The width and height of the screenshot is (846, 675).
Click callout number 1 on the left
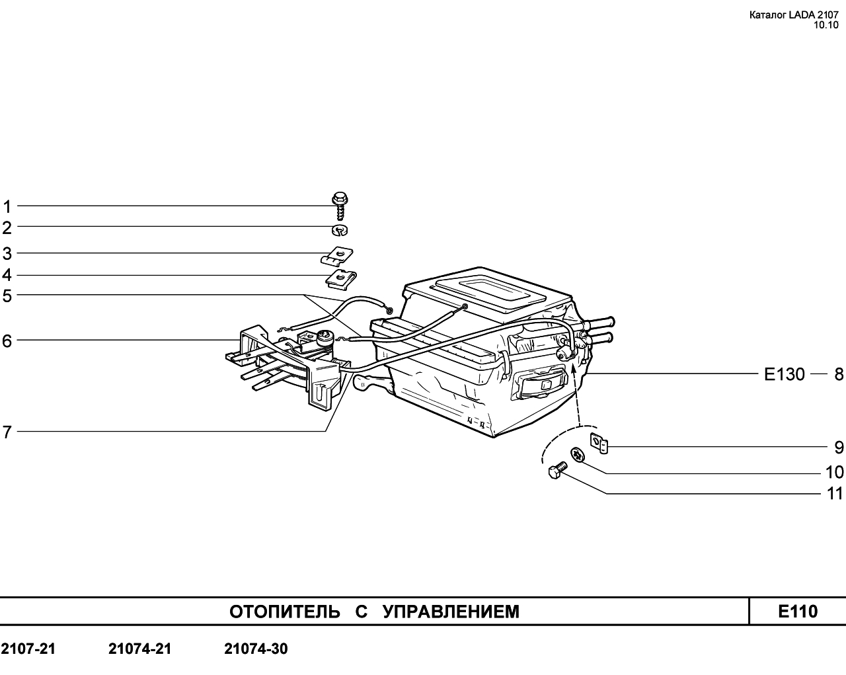[x=7, y=207]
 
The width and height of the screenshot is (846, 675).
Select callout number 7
[x=7, y=432]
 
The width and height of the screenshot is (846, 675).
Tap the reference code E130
[x=785, y=374]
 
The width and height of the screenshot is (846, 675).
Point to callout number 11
[x=835, y=494]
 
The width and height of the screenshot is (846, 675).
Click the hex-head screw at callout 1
[x=340, y=206]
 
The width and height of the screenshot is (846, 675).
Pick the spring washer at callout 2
[x=340, y=229]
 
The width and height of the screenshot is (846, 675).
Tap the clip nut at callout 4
[x=340, y=280]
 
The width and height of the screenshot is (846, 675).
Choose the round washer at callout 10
[x=578, y=455]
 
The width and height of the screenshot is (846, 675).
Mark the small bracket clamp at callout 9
[x=599, y=444]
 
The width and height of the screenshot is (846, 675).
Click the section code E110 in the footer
[x=798, y=612]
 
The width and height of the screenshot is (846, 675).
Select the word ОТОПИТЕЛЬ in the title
[x=285, y=612]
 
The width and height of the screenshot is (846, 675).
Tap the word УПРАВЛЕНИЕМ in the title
[x=451, y=612]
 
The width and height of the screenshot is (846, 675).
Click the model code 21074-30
[x=256, y=649]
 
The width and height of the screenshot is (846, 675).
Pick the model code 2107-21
[x=28, y=649]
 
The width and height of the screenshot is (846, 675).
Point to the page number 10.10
[x=826, y=25]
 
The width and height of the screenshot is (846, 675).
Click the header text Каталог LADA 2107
[x=794, y=15]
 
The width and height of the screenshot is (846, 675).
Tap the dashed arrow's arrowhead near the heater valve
[x=573, y=369]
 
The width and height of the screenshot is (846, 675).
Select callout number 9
[x=839, y=448]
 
